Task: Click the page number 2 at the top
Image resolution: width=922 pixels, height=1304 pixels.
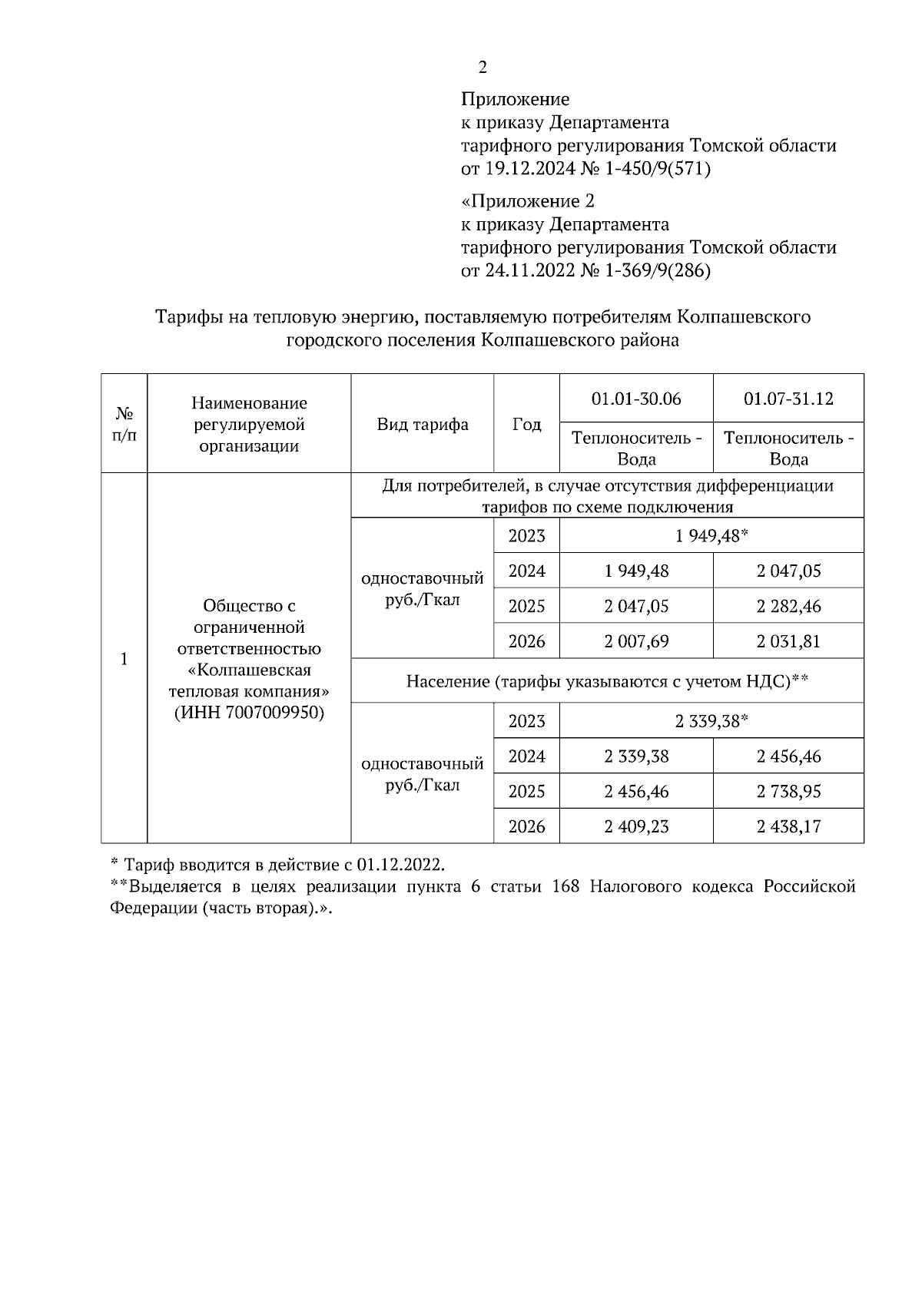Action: (x=483, y=68)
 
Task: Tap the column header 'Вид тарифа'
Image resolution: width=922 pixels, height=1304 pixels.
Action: (x=423, y=425)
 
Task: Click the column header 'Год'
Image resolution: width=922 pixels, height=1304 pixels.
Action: (x=526, y=425)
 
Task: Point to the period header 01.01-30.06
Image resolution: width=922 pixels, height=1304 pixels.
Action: (x=636, y=399)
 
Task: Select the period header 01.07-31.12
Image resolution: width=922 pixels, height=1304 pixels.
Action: (x=788, y=399)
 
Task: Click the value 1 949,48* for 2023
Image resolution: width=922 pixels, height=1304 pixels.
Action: (x=711, y=536)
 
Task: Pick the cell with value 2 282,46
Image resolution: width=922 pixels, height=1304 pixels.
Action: (x=788, y=606)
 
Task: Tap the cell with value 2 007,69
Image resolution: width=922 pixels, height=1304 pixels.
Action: (x=636, y=641)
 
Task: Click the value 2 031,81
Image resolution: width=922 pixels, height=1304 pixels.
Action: (x=788, y=641)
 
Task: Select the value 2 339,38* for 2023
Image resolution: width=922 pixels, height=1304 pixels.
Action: (x=711, y=721)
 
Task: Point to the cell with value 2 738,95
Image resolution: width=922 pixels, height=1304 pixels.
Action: (x=788, y=791)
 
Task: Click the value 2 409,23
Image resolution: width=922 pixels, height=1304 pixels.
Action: (x=636, y=826)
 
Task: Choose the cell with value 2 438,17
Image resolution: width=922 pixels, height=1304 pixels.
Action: (x=788, y=826)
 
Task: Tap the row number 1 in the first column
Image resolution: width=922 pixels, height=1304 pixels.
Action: (x=124, y=659)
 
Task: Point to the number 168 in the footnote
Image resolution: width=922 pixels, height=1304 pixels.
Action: (x=565, y=887)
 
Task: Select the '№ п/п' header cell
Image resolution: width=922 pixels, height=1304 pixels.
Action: (x=124, y=425)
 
